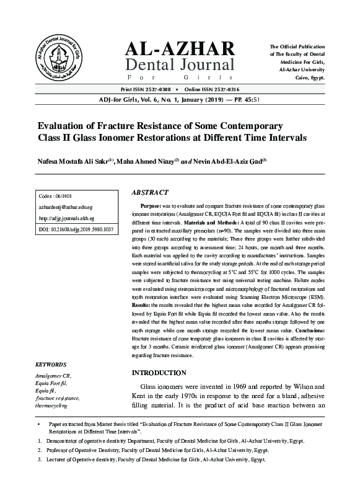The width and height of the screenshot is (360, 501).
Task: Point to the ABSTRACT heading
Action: point(151,193)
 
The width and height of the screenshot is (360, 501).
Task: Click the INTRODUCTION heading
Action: point(160,373)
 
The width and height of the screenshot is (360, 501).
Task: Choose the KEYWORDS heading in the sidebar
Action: point(51,365)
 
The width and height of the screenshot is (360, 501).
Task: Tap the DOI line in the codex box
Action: point(76,229)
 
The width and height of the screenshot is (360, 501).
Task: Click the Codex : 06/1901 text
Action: point(55,196)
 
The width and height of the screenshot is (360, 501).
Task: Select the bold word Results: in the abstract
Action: point(141,306)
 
